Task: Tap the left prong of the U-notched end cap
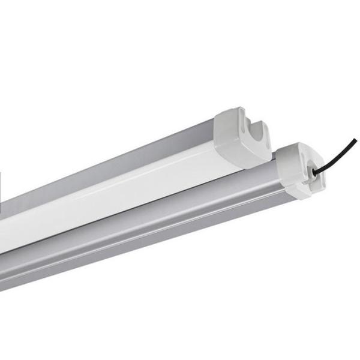(247, 123)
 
